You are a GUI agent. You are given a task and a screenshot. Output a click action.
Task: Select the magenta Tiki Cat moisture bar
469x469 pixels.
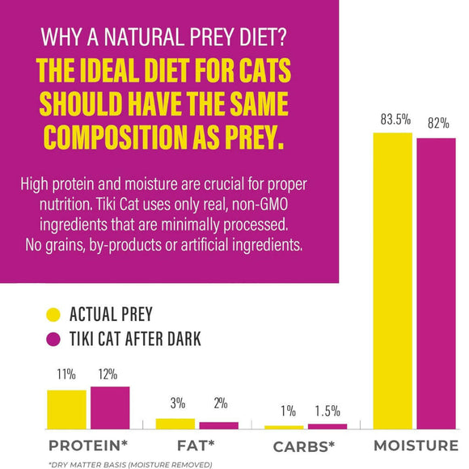pos(436,283)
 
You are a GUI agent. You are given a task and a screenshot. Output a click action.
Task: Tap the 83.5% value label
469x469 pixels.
pos(392,120)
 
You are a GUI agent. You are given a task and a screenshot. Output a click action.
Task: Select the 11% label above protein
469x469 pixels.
pos(66,376)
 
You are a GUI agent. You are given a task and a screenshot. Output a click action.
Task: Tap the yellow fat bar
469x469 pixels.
pos(175,423)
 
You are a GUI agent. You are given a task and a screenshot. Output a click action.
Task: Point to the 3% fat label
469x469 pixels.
pos(177,404)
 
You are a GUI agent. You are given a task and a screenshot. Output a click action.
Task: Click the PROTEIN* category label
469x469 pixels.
pos(88,446)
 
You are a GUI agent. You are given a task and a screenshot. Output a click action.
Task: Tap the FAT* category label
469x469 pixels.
pos(197,446)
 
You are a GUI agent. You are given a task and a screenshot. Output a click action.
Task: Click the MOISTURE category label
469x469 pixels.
pos(415,446)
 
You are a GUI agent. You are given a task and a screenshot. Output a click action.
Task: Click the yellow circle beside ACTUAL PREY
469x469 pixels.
pos(54,315)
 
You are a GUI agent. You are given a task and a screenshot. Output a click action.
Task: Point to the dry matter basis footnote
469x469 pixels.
pos(130,463)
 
